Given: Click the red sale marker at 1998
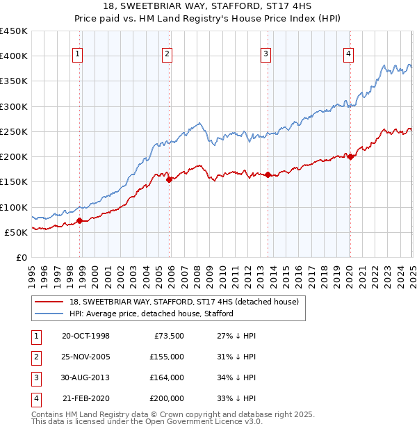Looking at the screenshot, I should [79, 220].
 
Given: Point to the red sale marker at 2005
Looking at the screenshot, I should [170, 179].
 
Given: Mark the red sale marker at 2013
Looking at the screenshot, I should [268, 174].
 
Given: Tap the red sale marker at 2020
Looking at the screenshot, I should [350, 156].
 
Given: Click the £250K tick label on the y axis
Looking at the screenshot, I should [14, 131].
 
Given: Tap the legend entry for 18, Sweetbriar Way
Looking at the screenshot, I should [183, 302].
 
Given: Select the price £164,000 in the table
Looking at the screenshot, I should [167, 377].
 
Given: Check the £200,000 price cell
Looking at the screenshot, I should [167, 398].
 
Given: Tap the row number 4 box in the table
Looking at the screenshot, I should [35, 398].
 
